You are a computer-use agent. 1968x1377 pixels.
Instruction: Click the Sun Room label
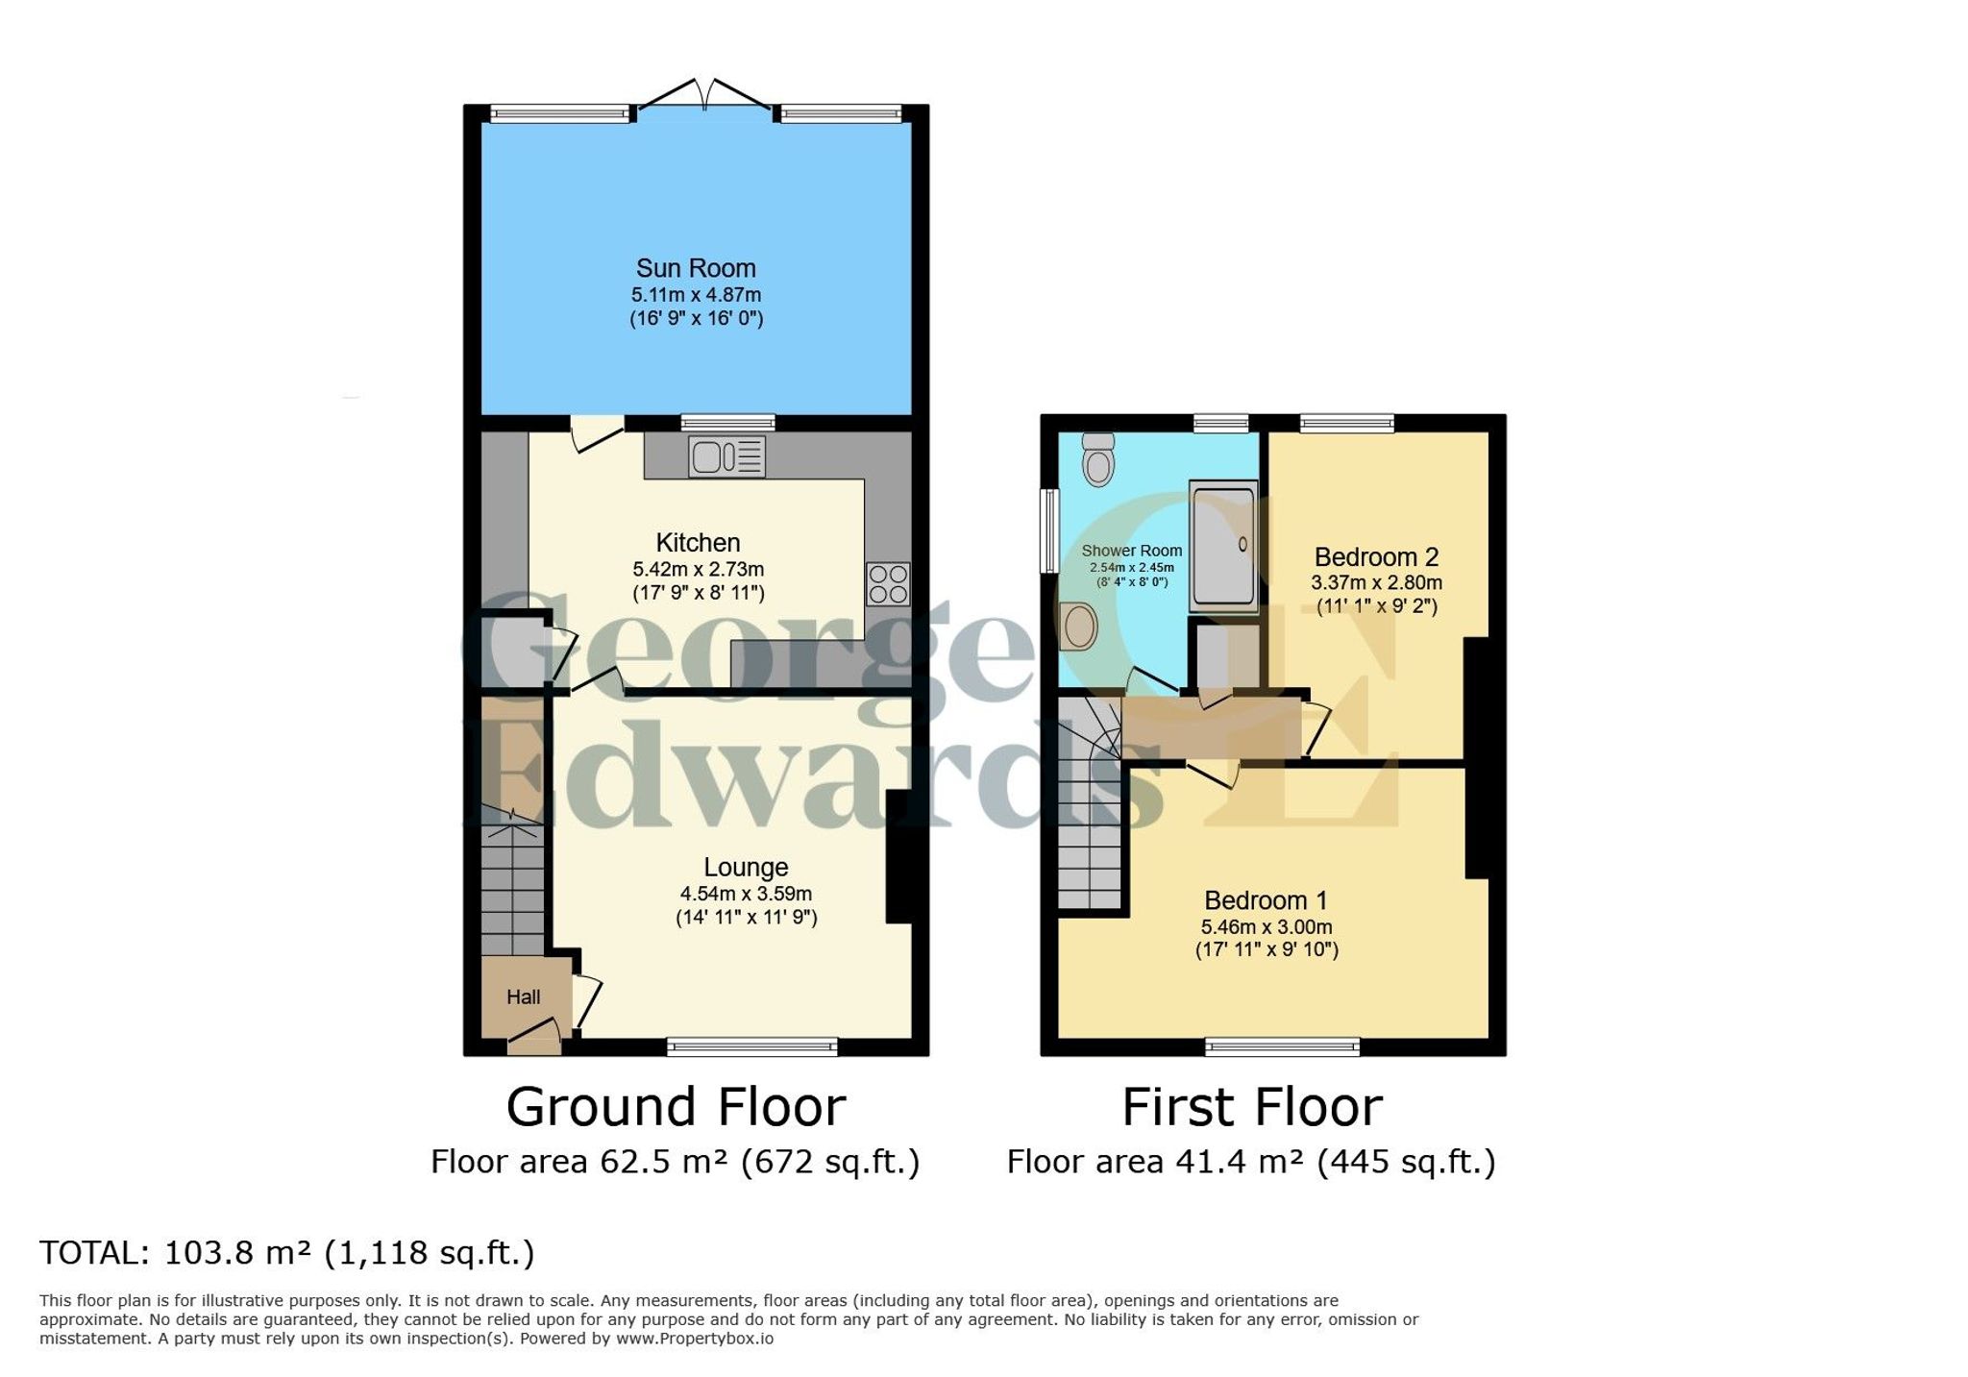tap(696, 268)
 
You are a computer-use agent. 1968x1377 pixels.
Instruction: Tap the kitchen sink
tap(726, 455)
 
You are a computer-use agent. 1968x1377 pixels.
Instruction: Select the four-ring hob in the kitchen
tap(888, 583)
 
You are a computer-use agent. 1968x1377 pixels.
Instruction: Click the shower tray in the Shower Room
tap(1223, 546)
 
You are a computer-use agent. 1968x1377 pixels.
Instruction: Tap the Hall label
tap(524, 997)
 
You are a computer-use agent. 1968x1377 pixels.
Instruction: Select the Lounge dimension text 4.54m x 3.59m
tap(746, 894)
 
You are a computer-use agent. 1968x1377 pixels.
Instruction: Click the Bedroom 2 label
tap(1376, 557)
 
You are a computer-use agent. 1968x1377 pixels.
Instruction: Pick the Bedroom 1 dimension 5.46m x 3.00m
tap(1267, 927)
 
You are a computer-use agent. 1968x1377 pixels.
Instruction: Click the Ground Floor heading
tap(676, 1107)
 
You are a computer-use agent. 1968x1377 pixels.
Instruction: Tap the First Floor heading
tap(1252, 1107)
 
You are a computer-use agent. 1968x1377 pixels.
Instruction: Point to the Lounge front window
tap(752, 1046)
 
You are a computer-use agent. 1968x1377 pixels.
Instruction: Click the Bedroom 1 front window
tap(1283, 1046)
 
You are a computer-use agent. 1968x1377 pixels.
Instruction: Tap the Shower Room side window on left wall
tap(1050, 531)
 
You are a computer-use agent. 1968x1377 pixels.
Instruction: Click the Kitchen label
tap(698, 542)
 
